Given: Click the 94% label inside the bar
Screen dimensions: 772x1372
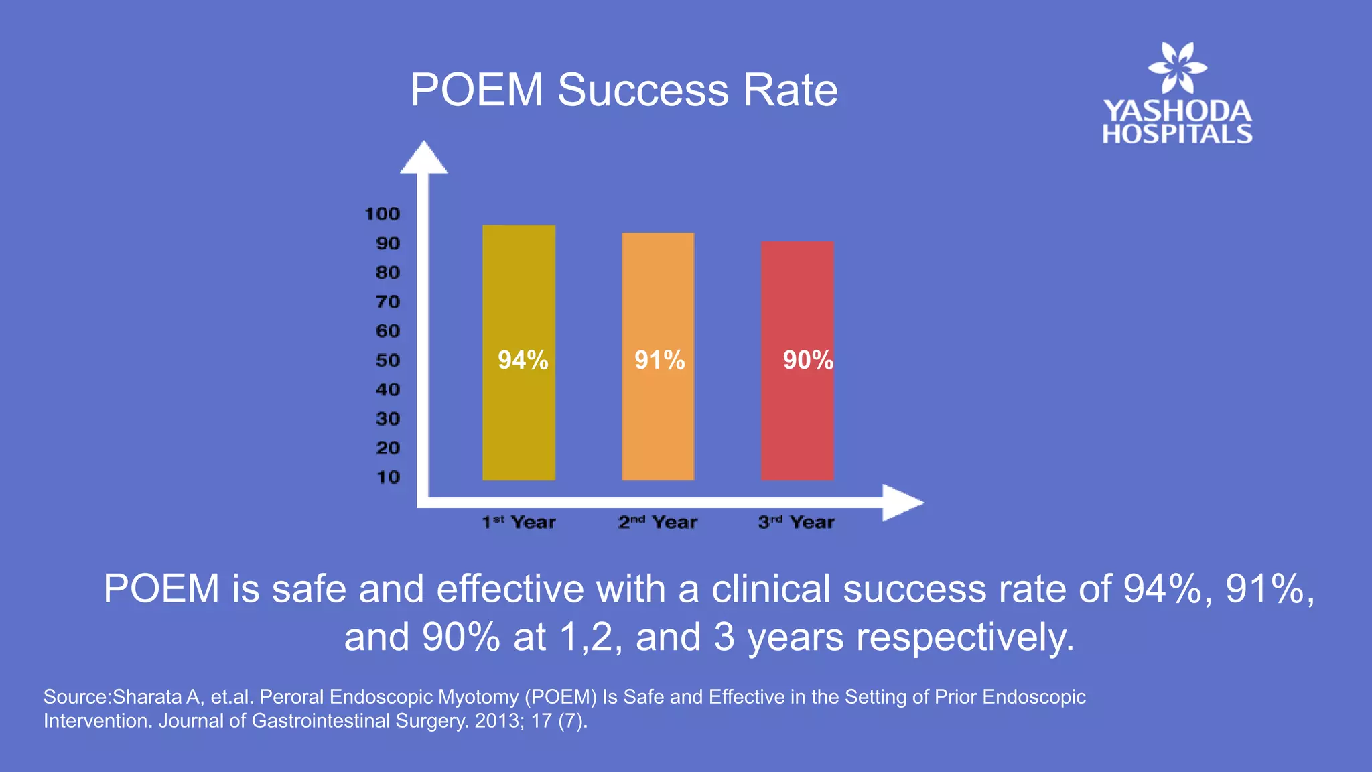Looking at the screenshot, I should [x=523, y=361].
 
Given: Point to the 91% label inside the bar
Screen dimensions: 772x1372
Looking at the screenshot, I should [x=660, y=361].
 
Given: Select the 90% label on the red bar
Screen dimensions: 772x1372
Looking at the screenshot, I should [x=808, y=361].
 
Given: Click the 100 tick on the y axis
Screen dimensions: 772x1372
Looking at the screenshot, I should [x=382, y=214].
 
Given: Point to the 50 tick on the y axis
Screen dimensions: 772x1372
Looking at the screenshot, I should [x=387, y=361].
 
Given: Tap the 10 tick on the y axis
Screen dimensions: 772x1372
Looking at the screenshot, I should [x=387, y=478].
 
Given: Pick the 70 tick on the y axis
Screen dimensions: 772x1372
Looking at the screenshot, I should [x=387, y=302].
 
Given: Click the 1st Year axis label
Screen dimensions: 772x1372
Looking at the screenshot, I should [x=519, y=522].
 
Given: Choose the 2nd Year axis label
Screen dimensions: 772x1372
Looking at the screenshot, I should [x=657, y=522].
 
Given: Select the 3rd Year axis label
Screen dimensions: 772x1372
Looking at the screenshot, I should [x=796, y=522].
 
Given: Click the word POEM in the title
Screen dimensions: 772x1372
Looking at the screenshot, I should [x=476, y=90].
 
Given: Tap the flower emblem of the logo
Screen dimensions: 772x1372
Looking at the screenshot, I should [x=1177, y=68].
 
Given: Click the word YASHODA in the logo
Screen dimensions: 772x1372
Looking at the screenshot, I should [x=1177, y=111].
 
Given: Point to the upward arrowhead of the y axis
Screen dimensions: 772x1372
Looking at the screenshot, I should [x=423, y=158].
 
